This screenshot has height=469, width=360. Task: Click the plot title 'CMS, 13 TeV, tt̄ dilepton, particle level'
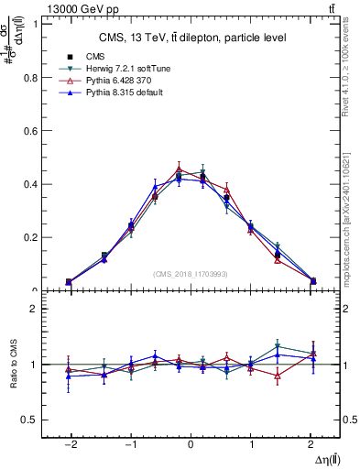pos(191,38)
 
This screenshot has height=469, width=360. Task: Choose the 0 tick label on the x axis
pos(191,443)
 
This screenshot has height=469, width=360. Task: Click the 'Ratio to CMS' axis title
pos(14,364)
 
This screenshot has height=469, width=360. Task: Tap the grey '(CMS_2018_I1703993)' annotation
pos(191,273)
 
